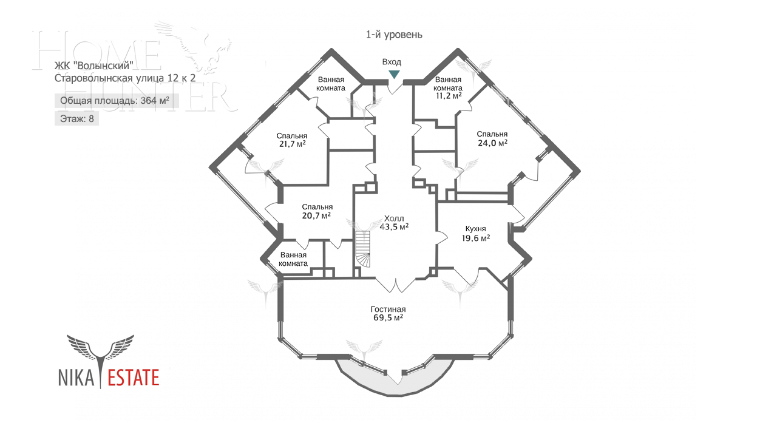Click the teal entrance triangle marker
394,74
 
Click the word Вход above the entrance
392,62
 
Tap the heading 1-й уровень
394,35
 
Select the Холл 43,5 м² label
394,223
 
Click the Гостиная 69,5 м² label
388,313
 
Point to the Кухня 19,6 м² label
476,234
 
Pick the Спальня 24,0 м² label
492,138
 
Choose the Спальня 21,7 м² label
291,140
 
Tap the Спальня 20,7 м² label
317,211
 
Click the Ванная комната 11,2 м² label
448,87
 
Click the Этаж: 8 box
76,118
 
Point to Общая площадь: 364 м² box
115,101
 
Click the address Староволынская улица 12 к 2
125,78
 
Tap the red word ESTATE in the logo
133,378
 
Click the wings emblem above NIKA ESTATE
100,349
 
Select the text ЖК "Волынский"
93,66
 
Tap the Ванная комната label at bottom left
293,259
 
